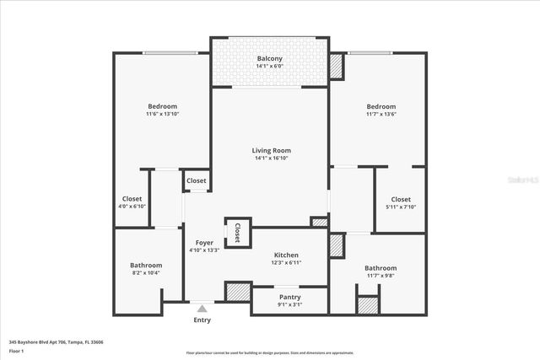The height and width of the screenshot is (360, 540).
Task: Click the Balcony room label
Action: tap(270, 58)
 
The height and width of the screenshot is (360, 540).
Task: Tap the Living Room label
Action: tap(271, 150)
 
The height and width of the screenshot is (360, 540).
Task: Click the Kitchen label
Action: tap(286, 255)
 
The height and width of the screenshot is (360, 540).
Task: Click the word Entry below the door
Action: tap(202, 320)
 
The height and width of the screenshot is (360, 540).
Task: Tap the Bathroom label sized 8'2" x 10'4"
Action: tap(146, 265)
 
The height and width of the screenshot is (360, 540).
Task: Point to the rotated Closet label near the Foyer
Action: tap(237, 233)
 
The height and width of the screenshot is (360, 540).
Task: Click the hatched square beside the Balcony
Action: tap(337, 66)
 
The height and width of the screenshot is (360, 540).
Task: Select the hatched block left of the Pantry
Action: tap(238, 293)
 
